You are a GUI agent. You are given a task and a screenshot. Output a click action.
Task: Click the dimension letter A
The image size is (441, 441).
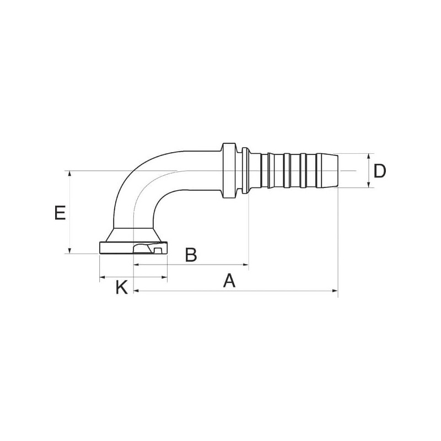229,281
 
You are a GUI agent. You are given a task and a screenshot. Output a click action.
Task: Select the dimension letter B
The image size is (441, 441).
191,255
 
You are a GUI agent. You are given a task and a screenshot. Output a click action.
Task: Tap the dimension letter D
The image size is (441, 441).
380,171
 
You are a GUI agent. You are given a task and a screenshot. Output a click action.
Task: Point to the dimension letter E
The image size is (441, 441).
60,213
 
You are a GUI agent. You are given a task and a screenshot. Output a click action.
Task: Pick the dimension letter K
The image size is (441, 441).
122,287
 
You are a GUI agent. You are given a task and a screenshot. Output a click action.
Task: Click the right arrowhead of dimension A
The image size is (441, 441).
335,291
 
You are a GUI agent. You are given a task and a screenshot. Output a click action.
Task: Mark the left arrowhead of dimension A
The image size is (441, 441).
136,291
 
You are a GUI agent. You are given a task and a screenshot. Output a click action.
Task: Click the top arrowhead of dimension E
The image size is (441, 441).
70,174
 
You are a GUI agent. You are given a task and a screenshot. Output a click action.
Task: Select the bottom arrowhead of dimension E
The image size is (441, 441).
70,250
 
